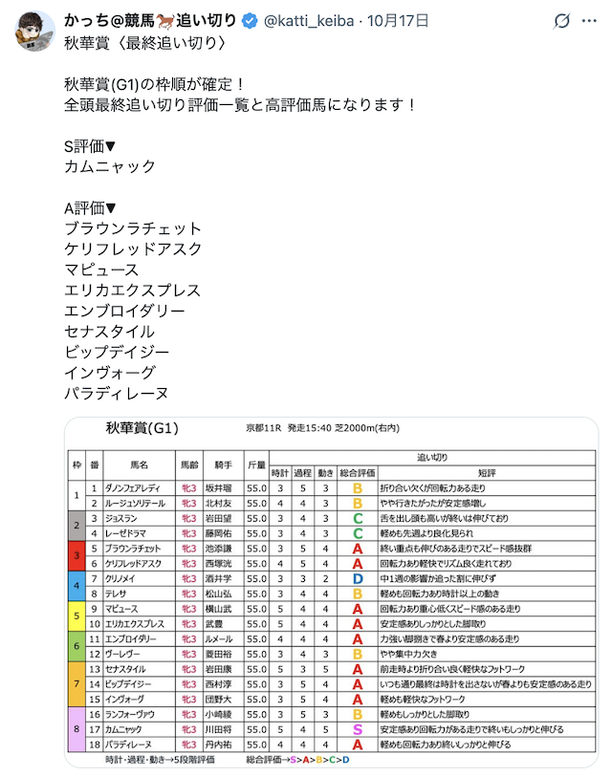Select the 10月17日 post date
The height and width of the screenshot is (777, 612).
point(400,20)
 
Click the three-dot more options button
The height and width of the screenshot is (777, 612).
point(562,20)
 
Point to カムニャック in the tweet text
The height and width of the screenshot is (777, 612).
point(110,166)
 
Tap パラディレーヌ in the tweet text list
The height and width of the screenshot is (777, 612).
point(117,393)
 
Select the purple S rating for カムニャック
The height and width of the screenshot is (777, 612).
point(357,728)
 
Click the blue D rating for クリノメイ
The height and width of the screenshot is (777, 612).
point(357,579)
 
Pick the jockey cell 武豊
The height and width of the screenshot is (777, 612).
point(218,624)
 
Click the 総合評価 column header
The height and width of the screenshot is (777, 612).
point(357,473)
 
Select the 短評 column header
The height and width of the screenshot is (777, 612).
point(486,473)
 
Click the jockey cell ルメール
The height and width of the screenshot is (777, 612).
point(218,638)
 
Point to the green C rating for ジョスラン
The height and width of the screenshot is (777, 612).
point(357,519)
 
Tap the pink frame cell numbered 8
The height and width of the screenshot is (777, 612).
point(76,728)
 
